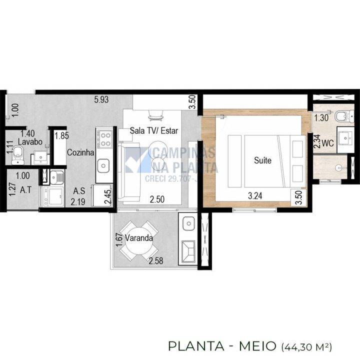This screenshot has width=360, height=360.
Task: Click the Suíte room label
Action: coord(262,161)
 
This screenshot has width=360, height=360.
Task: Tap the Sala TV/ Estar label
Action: coord(154,131)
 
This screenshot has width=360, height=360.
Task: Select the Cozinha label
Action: coord(80,153)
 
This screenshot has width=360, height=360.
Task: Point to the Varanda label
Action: coord(139,238)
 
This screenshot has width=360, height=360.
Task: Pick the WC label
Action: coord(327,142)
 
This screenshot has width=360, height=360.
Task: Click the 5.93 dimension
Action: coord(101,99)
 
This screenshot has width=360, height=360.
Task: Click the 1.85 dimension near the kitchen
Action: coord(61,135)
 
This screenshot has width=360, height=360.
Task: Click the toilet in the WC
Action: coord(340,118)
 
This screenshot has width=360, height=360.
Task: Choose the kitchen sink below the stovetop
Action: coord(103,164)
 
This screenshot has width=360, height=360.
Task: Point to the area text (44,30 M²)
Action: coord(307,346)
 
